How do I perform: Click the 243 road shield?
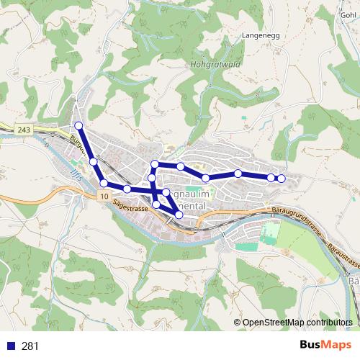click(x=23, y=129)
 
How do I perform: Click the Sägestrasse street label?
click(x=130, y=208)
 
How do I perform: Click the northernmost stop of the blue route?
click(x=78, y=126)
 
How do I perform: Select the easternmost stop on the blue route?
click(x=282, y=179)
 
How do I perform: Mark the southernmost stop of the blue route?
click(x=179, y=215)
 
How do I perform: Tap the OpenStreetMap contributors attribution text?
click(x=297, y=323)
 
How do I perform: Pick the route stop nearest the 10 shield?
click(x=104, y=184)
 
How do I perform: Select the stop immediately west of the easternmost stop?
click(x=271, y=177)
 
